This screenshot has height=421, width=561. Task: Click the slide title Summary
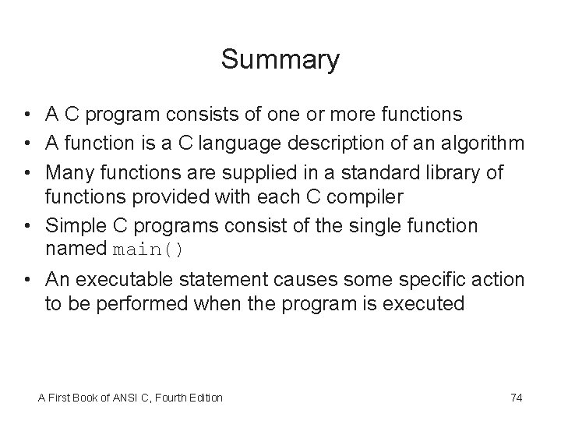[280, 60]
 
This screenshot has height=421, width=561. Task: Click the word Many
[68, 171]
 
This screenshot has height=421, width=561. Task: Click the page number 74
[516, 398]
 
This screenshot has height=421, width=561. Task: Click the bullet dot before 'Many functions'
[26, 172]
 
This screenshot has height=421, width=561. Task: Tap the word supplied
[228, 171]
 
